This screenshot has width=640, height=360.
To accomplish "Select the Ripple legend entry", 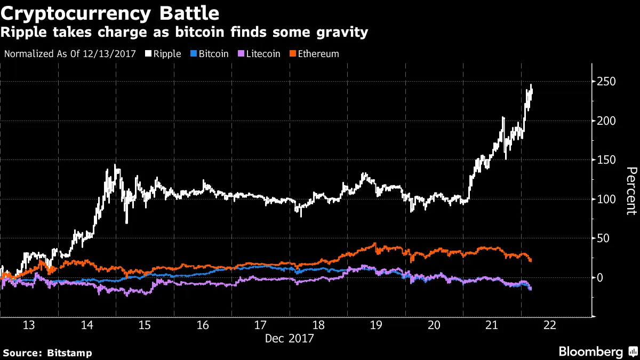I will [166, 54].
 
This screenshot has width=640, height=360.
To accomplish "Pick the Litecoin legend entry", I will [260, 54].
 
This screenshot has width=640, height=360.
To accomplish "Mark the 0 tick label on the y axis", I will [602, 278].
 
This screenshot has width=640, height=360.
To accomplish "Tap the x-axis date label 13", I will [30, 326].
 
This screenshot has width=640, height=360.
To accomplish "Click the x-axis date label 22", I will [549, 326].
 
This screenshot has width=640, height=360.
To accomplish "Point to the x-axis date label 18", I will [318, 326].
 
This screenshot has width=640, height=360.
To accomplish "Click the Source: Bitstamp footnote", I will [47, 353].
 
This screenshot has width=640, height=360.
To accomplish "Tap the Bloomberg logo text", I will [590, 352].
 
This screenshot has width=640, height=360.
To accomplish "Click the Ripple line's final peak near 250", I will [531, 85].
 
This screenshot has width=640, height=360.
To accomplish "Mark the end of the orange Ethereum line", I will [531, 260].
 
